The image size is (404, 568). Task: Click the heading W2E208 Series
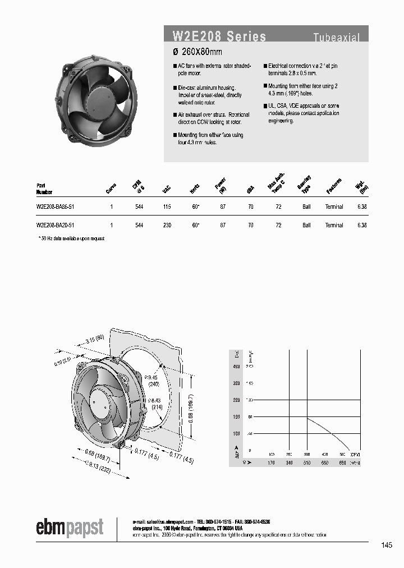(219, 37)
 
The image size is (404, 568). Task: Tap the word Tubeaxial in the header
(336, 38)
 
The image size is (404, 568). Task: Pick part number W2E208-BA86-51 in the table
(56, 207)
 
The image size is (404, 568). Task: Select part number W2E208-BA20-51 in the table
(56, 225)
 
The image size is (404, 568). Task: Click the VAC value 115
(166, 207)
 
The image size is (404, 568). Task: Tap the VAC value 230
(166, 225)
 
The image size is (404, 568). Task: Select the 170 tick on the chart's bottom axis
(271, 463)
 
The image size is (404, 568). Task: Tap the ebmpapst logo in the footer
(70, 528)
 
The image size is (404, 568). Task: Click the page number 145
(386, 545)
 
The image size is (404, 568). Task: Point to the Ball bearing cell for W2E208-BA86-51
(306, 207)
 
